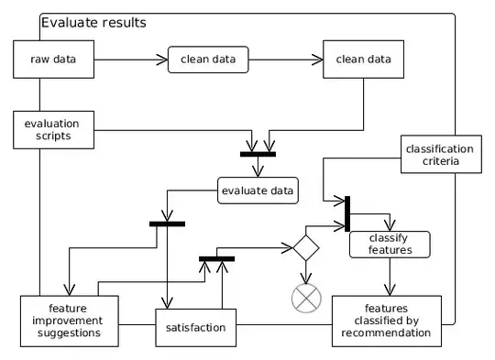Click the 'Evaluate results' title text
click(93, 22)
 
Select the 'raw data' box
click(53, 60)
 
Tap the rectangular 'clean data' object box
click(363, 60)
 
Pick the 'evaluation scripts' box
click(53, 128)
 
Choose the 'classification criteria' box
click(439, 155)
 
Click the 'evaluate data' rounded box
click(258, 191)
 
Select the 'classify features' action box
click(388, 243)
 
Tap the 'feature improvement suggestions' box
click(71, 320)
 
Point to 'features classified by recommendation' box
click(385, 320)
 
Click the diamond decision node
click(304, 249)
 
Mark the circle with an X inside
click(304, 298)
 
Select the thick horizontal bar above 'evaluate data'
click(258, 154)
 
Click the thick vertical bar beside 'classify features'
click(346, 213)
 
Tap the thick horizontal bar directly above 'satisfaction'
click(216, 258)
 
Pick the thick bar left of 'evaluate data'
click(167, 223)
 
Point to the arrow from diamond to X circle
click(304, 271)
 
